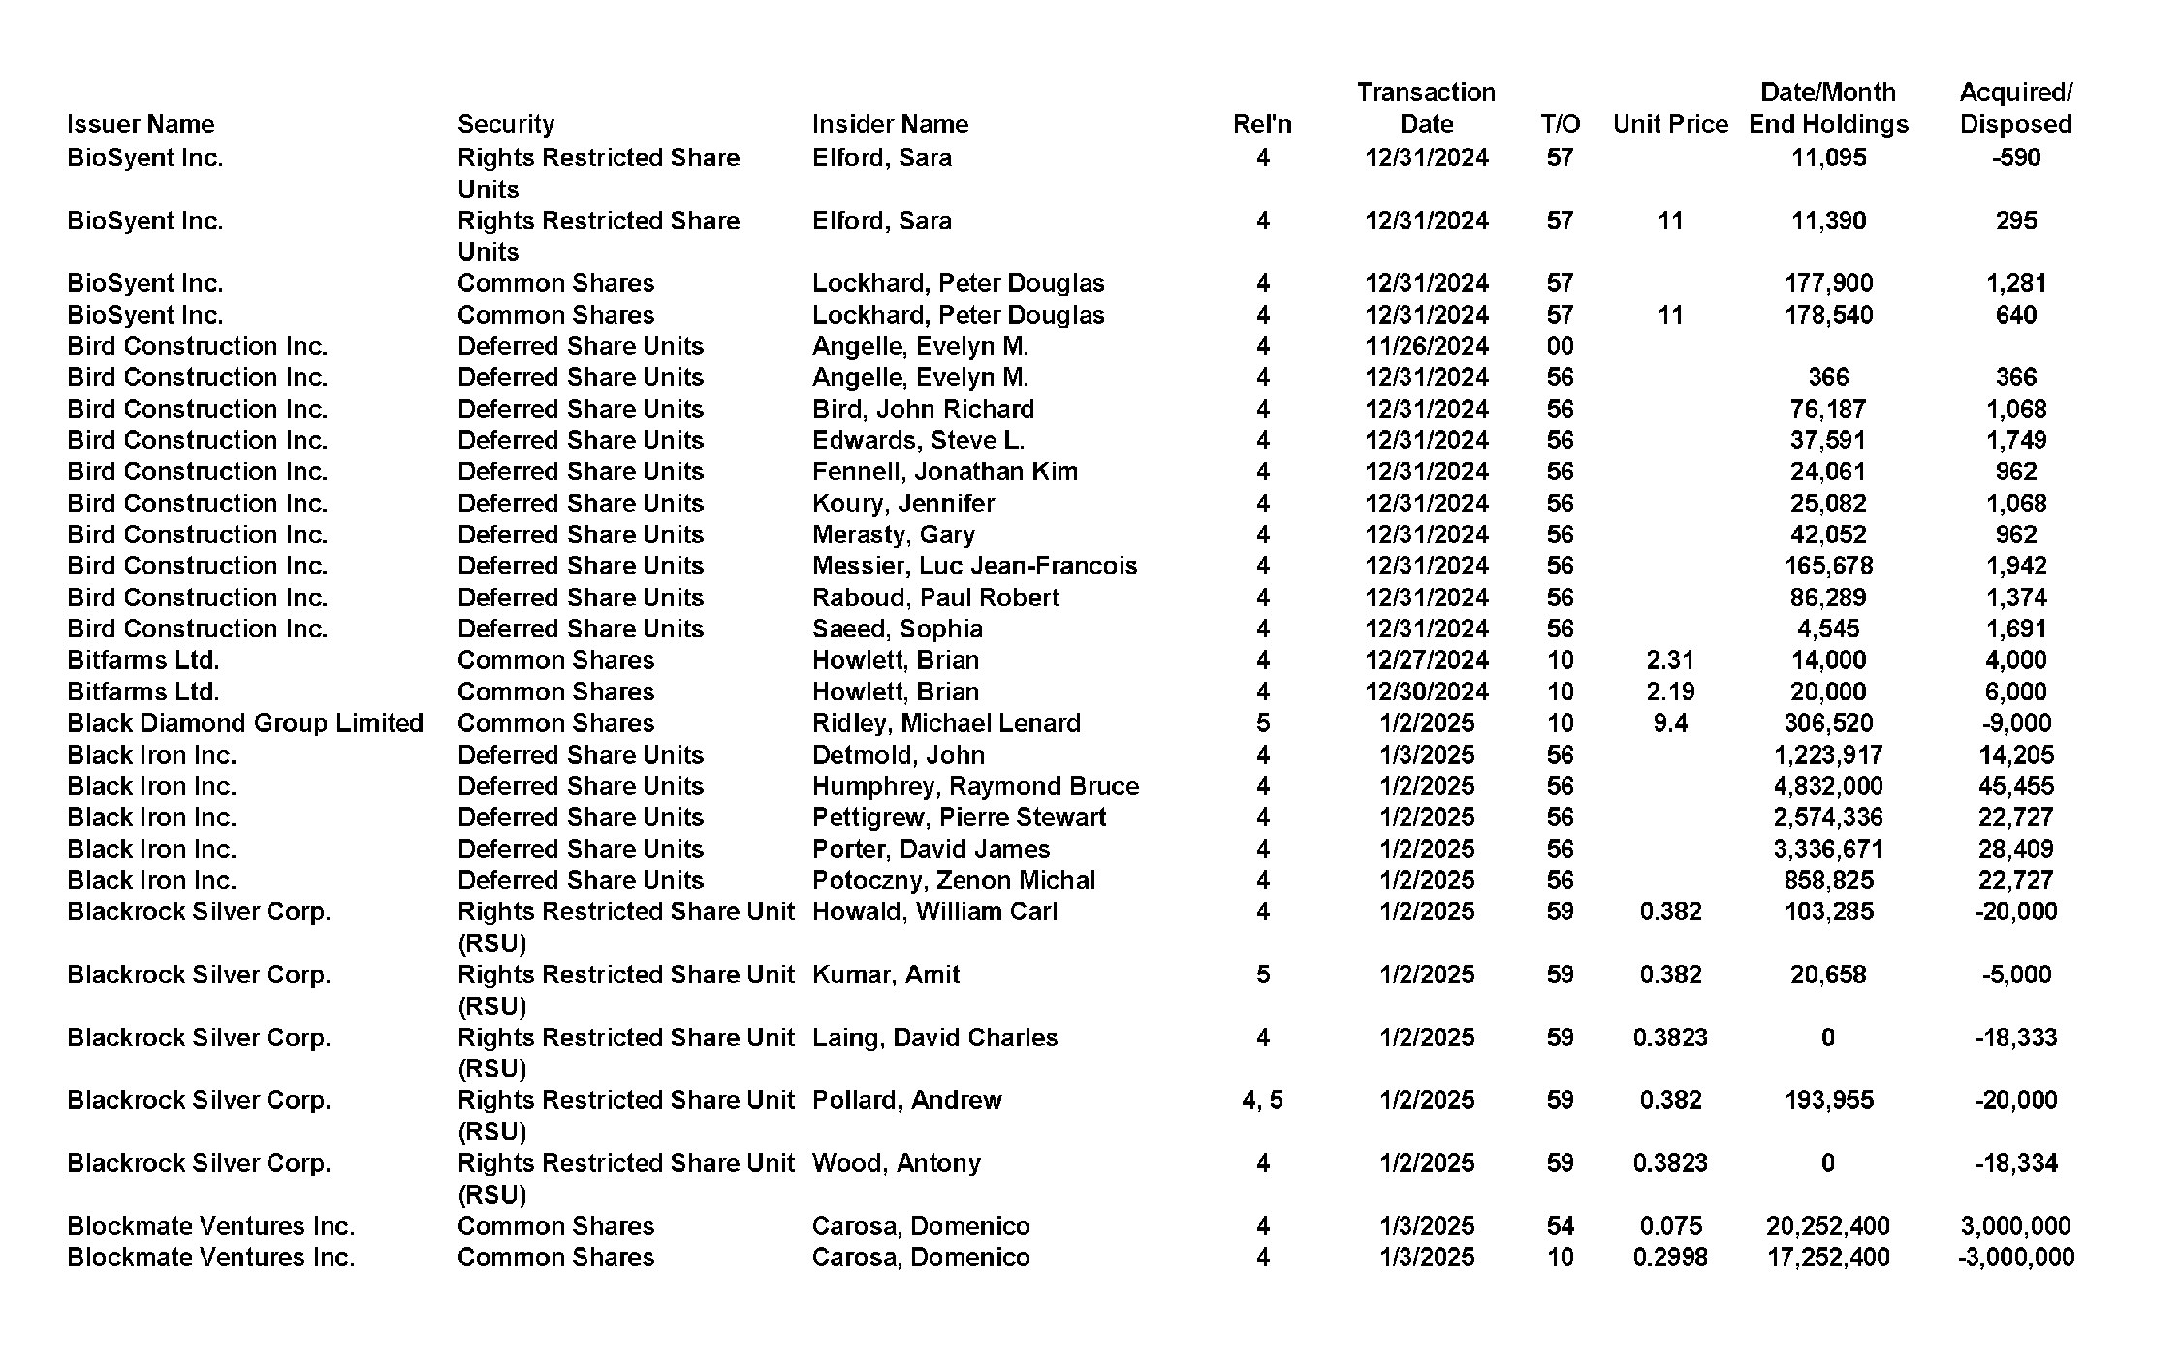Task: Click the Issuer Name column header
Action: point(141,124)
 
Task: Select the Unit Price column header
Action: point(1670,124)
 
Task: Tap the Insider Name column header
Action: point(890,124)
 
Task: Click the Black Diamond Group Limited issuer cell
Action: point(245,723)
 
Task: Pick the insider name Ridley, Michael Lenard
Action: point(946,723)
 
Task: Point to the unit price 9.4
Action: point(1670,723)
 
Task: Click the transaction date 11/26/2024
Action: point(1426,346)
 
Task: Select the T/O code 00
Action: point(1560,346)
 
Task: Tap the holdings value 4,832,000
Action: point(1828,786)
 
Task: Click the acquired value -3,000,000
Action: point(2015,1257)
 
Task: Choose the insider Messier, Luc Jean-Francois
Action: point(974,566)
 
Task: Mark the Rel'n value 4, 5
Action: point(1262,1100)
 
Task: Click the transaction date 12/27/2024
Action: point(1426,660)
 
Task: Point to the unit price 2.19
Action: point(1670,692)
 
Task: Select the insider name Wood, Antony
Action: point(896,1163)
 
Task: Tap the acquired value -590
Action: point(2015,157)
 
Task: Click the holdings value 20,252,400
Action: point(1828,1226)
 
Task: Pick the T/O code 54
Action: point(1560,1226)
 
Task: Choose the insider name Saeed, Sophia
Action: point(897,629)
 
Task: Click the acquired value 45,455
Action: point(2015,786)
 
